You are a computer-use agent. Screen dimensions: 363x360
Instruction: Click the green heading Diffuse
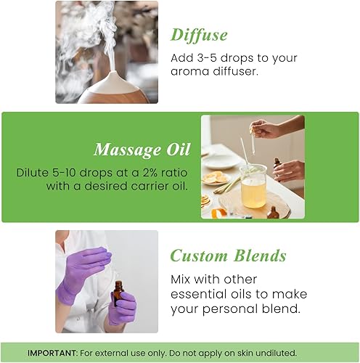coord(198,35)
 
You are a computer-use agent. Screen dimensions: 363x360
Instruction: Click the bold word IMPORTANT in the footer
coord(53,353)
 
